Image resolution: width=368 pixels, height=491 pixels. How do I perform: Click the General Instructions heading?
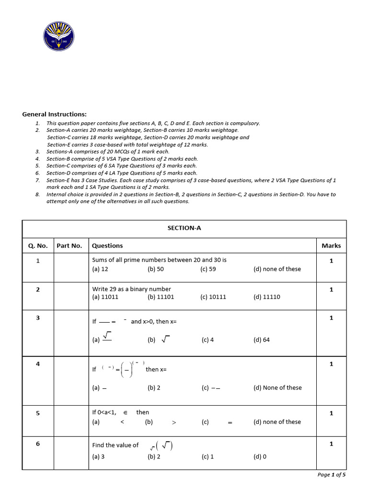tap(55, 114)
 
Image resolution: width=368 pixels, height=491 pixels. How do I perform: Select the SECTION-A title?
tap(184, 228)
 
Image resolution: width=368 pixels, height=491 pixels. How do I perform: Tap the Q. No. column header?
tap(38, 245)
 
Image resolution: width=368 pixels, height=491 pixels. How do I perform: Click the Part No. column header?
tap(69, 245)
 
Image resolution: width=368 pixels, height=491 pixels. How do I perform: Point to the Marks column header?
tap(331, 245)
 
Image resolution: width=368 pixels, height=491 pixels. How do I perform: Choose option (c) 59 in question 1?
tap(208, 269)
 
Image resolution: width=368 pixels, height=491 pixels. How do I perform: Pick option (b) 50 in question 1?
tap(156, 269)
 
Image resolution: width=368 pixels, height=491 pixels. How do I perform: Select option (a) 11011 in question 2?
tap(105, 297)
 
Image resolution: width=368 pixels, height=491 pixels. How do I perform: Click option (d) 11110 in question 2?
tap(267, 297)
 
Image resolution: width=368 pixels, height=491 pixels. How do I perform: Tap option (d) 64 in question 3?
tap(262, 340)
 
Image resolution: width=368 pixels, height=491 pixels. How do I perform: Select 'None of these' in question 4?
tap(277, 387)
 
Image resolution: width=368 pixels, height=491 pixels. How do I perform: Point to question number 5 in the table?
tap(38, 413)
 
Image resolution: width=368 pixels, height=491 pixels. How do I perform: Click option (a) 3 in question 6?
tap(98, 456)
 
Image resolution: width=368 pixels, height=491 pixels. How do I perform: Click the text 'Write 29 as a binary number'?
tap(131, 289)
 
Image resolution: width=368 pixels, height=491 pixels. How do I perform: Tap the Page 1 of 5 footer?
tap(331, 475)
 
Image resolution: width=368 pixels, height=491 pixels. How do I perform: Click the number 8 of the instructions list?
tap(37, 195)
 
